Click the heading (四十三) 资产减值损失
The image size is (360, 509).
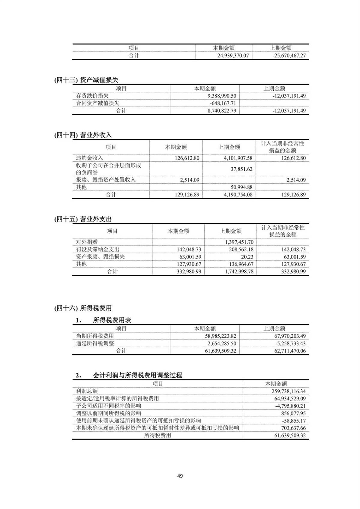pos(86,80)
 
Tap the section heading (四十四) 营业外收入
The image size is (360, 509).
pos(83,135)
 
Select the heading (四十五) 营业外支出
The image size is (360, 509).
pos(83,219)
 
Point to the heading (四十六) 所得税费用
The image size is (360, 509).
pos(83,308)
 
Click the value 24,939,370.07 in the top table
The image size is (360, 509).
pos(233,55)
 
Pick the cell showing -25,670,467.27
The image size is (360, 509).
pos(289,55)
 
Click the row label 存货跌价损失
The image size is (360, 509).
pos(92,96)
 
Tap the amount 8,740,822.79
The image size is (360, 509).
pos(222,111)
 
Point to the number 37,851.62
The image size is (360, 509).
pos(241,169)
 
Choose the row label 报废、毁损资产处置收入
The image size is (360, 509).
pos(106,180)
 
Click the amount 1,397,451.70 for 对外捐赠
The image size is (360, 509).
pos(239,242)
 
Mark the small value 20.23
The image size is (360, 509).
pos(247,257)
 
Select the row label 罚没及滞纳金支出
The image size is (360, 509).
pos(97,250)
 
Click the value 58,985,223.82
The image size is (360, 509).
pos(220,336)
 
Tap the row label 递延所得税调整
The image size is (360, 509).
pos(95,343)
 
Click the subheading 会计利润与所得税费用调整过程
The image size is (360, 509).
pos(137,375)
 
